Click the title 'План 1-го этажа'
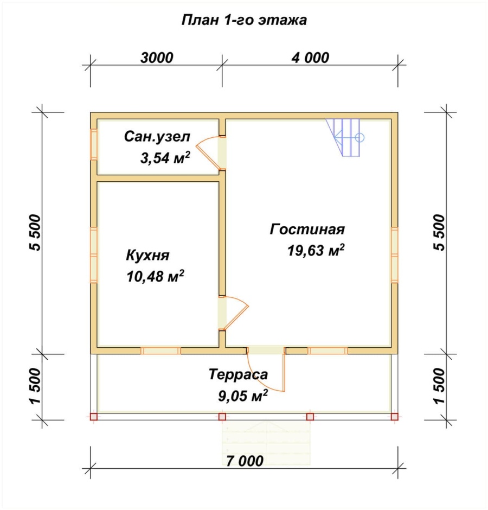tap(244, 20)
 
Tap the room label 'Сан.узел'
tap(157, 137)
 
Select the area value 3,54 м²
tap(165, 158)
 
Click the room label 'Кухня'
tap(147, 256)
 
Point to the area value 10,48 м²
tap(156, 276)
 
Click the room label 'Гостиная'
tap(307, 229)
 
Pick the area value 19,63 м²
tap(316, 250)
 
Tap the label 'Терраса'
tap(239, 375)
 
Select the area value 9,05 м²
tap(243, 396)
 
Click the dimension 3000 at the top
tap(157, 58)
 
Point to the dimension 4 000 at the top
tap(310, 58)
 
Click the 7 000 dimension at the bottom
tap(245, 461)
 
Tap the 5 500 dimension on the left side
tap(36, 233)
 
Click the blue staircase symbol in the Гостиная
tap(345, 137)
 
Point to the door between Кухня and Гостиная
tap(234, 313)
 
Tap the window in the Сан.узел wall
tap(94, 144)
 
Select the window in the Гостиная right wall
tap(394, 254)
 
